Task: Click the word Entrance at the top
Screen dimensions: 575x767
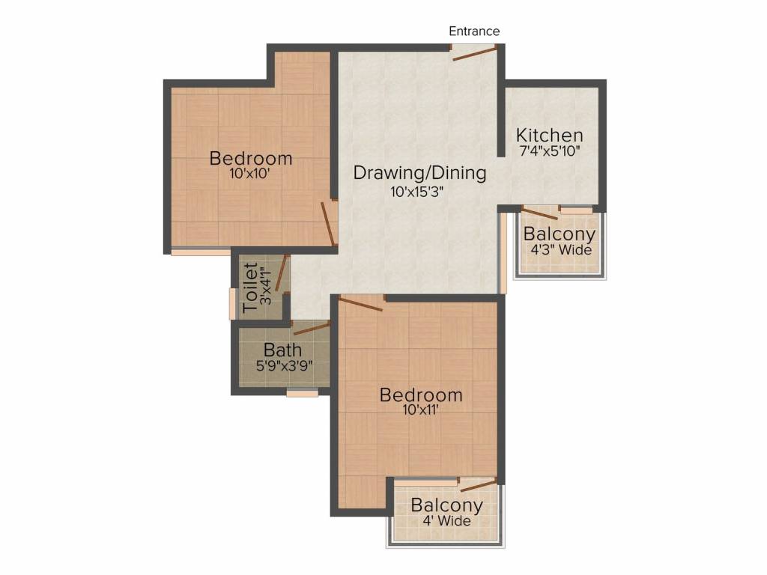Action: point(474,31)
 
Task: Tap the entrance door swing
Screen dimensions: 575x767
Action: point(474,52)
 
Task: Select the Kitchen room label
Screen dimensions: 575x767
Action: point(550,136)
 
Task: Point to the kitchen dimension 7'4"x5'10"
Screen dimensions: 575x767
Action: point(550,151)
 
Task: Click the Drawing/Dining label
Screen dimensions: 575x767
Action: point(419,173)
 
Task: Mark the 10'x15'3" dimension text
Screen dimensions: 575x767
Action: point(417,192)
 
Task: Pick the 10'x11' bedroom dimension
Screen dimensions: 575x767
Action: point(420,410)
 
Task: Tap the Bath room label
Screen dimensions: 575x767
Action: point(282,350)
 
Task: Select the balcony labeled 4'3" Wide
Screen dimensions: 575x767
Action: point(560,241)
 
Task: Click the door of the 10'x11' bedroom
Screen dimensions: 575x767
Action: point(361,303)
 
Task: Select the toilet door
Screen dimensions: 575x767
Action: point(282,273)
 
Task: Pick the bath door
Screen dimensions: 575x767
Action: point(312,328)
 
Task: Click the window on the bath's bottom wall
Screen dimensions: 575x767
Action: point(302,392)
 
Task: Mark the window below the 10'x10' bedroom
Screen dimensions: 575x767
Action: point(200,252)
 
